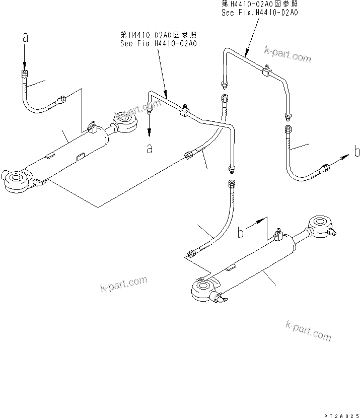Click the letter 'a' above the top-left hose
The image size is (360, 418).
pyautogui.click(x=24, y=37)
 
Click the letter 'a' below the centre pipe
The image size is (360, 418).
pyautogui.click(x=150, y=148)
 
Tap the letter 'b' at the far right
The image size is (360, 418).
pyautogui.click(x=356, y=152)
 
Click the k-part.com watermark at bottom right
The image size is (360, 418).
pyautogui.click(x=308, y=330)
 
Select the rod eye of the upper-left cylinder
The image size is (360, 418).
pyautogui.click(x=125, y=121)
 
